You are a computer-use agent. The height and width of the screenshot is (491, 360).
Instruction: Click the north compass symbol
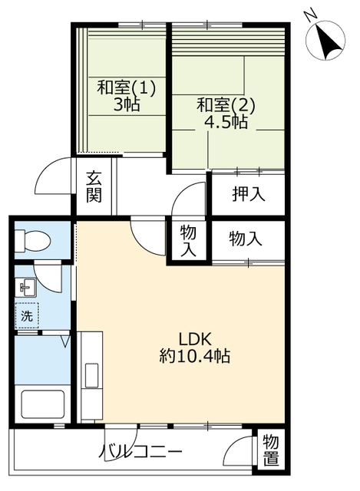coord(325,41)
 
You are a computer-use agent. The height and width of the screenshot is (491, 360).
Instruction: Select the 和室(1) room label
coord(126,87)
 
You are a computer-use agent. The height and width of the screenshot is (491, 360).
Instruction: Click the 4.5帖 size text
coord(226,122)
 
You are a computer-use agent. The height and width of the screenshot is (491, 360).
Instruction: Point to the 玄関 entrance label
coord(94,186)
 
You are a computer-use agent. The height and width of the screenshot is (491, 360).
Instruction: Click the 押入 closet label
coord(249,194)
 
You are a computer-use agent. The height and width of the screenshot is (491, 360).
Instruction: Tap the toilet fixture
coord(32,241)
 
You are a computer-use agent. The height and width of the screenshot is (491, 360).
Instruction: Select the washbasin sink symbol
coord(25,288)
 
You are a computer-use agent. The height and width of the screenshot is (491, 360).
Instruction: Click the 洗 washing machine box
coord(27,315)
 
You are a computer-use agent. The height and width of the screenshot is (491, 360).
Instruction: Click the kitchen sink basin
coord(92,375)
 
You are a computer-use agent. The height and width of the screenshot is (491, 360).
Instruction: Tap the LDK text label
coord(196,339)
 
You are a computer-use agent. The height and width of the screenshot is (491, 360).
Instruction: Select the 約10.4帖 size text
coord(195,356)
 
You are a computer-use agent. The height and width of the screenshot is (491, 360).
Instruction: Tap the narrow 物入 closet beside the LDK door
coord(188,240)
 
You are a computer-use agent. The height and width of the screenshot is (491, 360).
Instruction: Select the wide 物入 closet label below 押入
coord(246,239)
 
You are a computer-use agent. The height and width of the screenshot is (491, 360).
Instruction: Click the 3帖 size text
coord(126,104)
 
